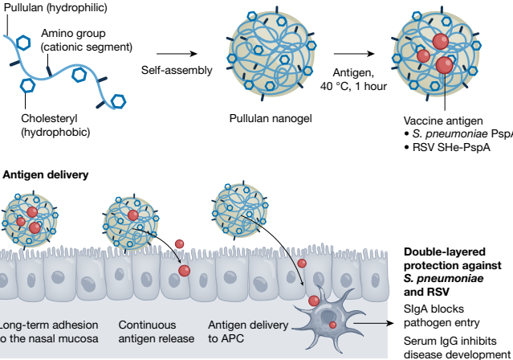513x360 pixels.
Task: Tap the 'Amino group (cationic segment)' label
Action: tap(86, 39)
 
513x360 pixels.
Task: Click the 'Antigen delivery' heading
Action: tap(47, 174)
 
